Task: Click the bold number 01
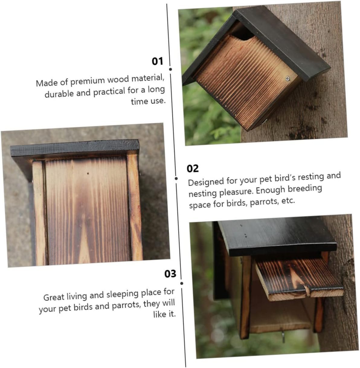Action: [157, 61]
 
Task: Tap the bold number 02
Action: [193, 169]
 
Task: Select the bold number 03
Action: [170, 274]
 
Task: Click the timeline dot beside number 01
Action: [170, 69]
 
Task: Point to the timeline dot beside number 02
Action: [176, 178]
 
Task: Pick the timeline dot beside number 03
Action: [182, 283]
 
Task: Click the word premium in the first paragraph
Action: [87, 81]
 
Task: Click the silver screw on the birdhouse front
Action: [288, 78]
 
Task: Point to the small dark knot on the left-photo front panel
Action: [88, 173]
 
